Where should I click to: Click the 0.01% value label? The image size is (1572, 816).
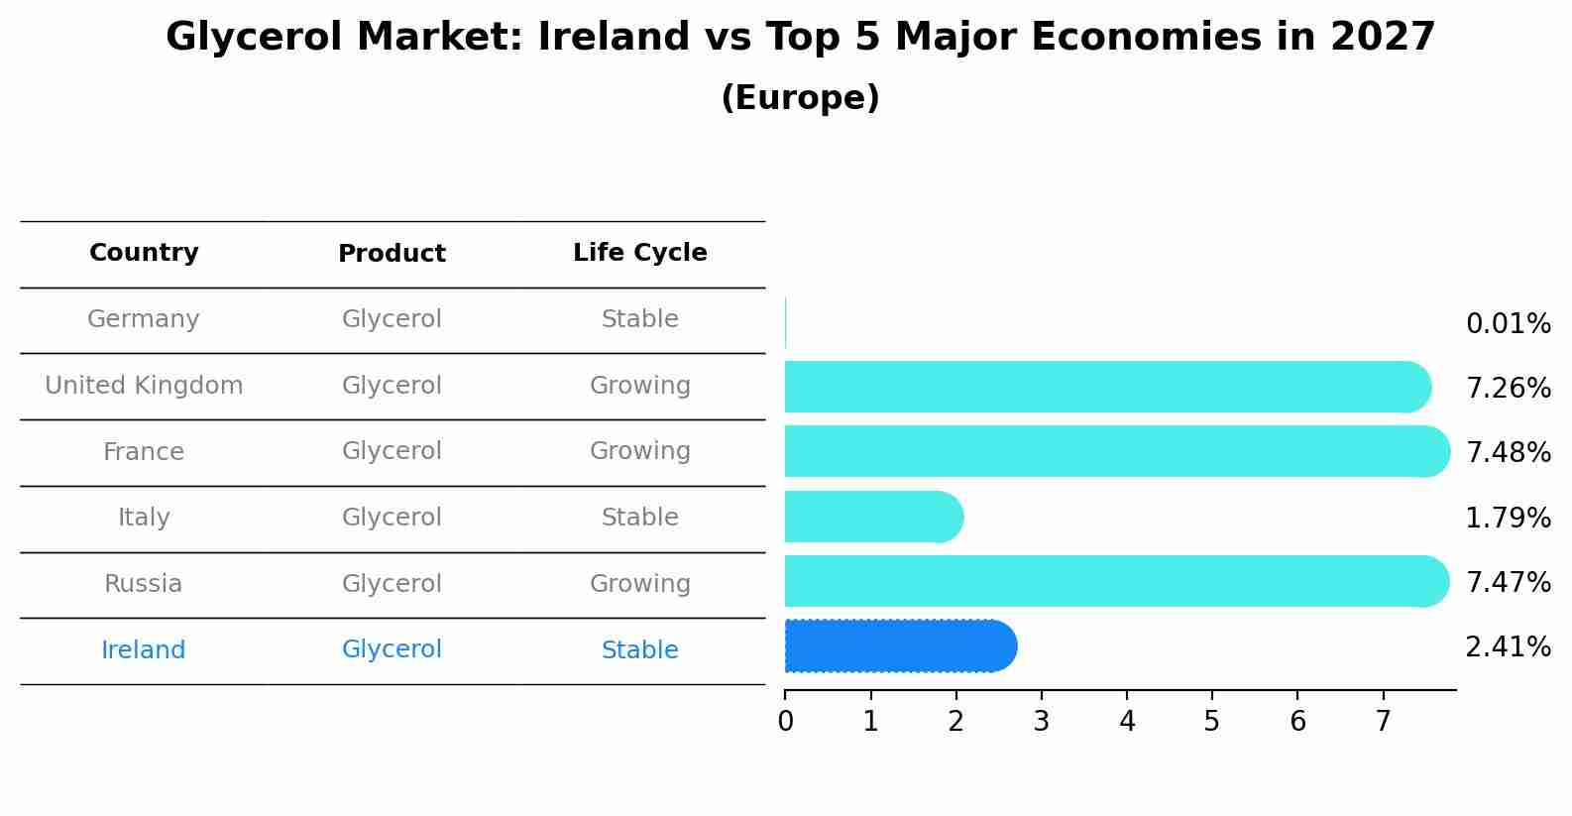click(1508, 324)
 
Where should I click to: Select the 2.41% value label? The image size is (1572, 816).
click(1508, 647)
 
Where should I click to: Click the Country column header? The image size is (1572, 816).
click(144, 253)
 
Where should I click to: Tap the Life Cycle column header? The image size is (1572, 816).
click(639, 253)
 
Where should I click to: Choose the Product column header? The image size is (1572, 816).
click(392, 254)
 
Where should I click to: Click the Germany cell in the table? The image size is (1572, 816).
click(144, 319)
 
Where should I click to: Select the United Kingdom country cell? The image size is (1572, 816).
click(144, 386)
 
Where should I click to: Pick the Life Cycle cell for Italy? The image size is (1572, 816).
click(639, 518)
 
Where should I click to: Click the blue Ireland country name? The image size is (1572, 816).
click(144, 650)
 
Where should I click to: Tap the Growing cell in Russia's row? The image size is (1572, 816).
click(639, 584)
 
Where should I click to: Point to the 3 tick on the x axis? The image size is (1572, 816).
click(1041, 722)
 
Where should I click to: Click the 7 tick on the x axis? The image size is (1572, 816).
click(1383, 722)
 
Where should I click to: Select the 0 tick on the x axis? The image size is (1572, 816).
click(785, 722)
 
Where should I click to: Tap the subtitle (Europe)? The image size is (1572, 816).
click(800, 98)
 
